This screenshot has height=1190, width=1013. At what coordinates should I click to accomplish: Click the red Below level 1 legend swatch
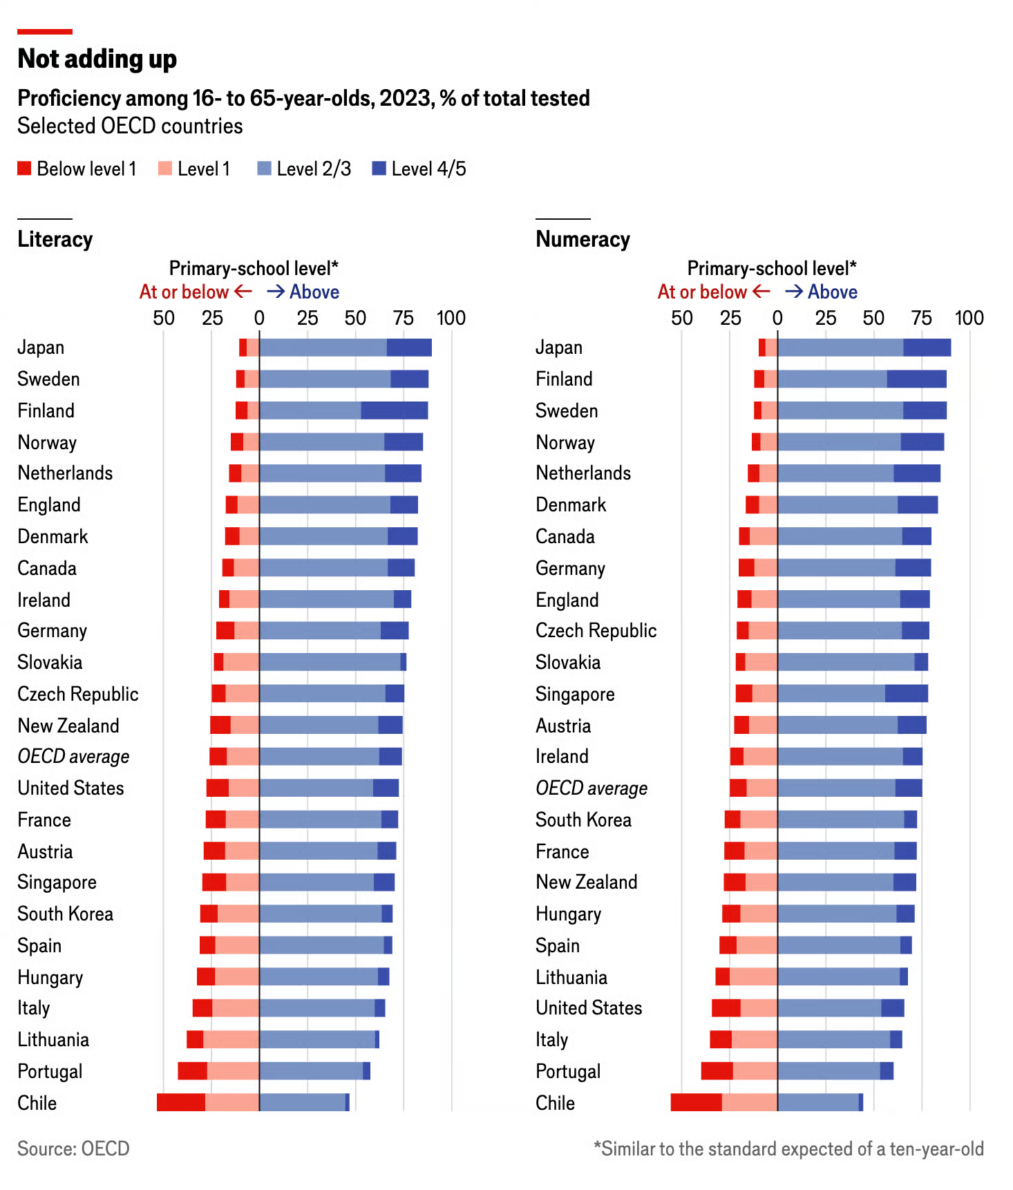click(24, 169)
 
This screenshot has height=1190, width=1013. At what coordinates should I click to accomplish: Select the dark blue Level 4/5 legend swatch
click(379, 169)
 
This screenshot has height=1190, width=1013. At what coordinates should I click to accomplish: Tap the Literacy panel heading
click(55, 239)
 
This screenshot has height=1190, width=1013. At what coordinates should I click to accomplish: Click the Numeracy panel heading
click(583, 239)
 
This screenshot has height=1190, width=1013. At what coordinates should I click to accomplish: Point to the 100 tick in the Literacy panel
click(451, 318)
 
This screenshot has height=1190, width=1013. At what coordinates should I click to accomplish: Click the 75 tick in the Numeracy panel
click(921, 318)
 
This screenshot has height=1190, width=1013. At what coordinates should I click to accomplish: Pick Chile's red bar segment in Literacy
click(181, 1102)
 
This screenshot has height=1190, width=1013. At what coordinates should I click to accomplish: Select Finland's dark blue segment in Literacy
click(394, 410)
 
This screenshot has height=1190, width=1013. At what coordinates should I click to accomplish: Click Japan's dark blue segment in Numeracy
click(927, 348)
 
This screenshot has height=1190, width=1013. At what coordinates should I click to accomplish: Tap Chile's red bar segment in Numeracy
click(696, 1102)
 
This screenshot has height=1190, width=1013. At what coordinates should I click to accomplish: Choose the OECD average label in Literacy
click(73, 757)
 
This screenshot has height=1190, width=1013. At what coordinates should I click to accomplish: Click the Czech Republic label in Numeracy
click(596, 630)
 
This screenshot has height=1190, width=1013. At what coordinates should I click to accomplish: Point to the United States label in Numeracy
click(589, 1008)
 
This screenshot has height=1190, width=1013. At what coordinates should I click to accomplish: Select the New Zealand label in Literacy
click(68, 726)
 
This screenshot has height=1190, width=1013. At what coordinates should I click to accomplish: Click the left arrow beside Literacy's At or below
click(243, 292)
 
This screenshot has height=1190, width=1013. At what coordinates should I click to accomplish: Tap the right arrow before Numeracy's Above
click(794, 292)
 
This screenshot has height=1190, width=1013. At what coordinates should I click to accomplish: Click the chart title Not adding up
click(97, 59)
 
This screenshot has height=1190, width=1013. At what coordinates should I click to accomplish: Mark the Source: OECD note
click(73, 1149)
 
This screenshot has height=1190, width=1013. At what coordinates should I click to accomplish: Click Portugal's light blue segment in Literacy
click(311, 1070)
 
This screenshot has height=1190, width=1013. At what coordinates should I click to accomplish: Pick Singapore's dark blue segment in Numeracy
click(906, 694)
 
